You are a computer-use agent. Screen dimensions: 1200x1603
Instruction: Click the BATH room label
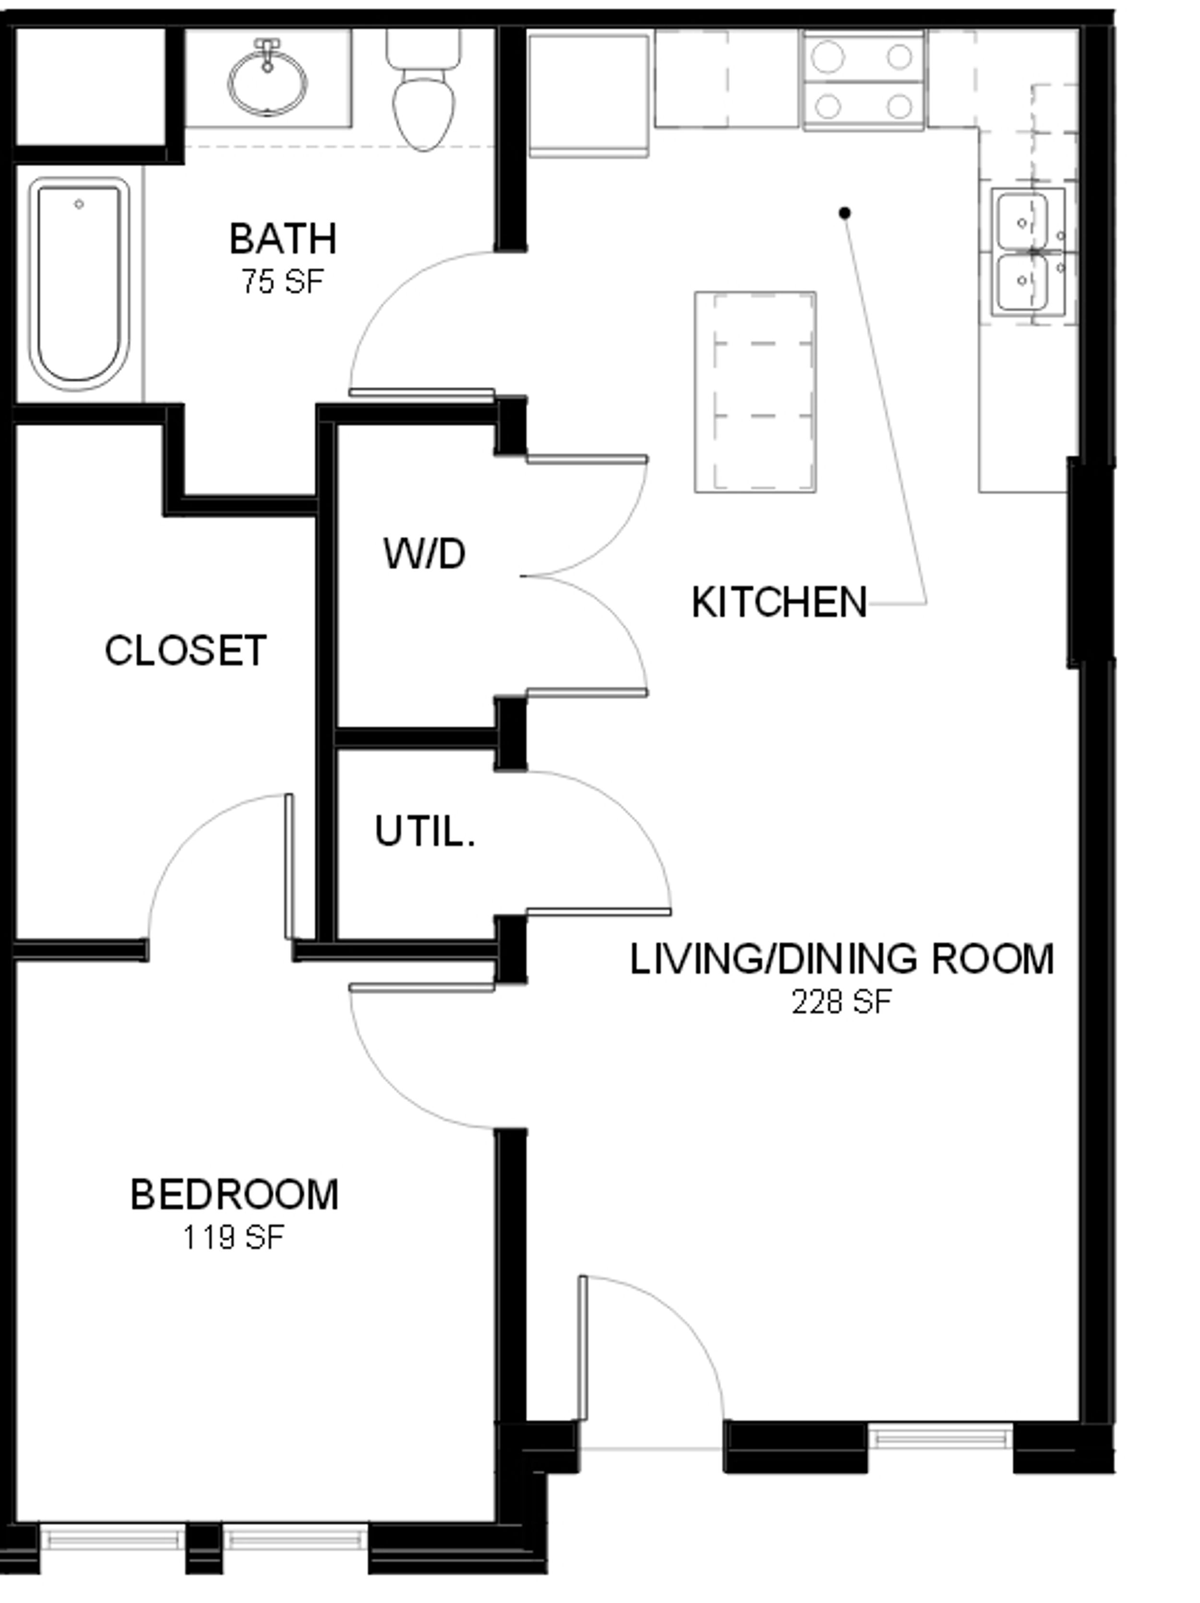[283, 239]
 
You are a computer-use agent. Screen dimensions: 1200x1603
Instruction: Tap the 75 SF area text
[283, 281]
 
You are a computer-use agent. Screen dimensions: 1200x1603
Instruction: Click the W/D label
[424, 554]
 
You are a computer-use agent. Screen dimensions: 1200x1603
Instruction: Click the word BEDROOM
[234, 1195]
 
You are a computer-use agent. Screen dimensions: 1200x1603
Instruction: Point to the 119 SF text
[233, 1238]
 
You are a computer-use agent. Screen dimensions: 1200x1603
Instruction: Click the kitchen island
[755, 392]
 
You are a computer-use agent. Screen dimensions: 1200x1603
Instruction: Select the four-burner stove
[863, 81]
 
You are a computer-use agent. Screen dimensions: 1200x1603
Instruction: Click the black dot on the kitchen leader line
[844, 212]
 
